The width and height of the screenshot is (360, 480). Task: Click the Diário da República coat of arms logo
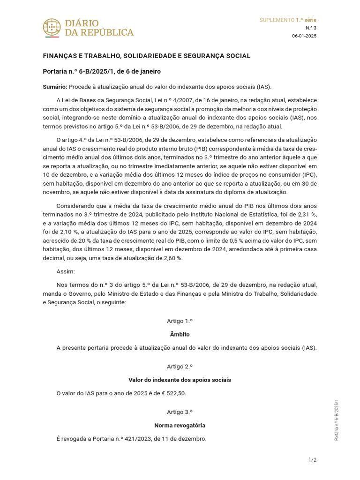click(52, 28)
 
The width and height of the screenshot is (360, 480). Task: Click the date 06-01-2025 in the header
click(304, 36)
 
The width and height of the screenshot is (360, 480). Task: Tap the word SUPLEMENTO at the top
click(277, 20)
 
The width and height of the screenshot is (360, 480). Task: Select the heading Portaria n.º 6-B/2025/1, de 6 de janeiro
click(102, 71)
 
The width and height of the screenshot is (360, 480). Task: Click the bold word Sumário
click(55, 87)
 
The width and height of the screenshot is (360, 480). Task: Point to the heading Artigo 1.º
click(180, 321)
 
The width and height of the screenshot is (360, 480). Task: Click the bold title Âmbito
click(180, 335)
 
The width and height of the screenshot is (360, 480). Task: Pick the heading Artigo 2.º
click(180, 367)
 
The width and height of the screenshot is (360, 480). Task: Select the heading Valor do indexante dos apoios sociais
click(180, 380)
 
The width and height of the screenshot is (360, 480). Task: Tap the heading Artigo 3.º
click(180, 412)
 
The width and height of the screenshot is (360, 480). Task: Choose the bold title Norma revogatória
click(180, 426)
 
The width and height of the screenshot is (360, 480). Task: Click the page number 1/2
click(312, 460)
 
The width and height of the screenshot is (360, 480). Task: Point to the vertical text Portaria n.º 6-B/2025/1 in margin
click(336, 420)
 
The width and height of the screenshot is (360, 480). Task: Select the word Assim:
click(66, 271)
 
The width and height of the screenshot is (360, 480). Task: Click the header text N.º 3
click(311, 28)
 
